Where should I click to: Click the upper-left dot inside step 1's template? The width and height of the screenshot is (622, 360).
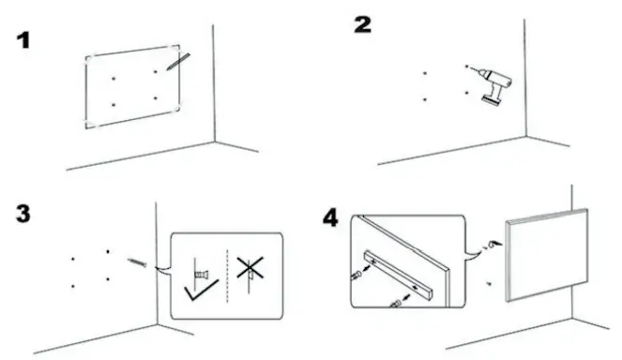(114, 78)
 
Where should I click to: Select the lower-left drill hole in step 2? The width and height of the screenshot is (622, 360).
(425, 98)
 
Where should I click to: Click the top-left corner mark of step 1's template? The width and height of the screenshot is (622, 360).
(88, 58)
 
